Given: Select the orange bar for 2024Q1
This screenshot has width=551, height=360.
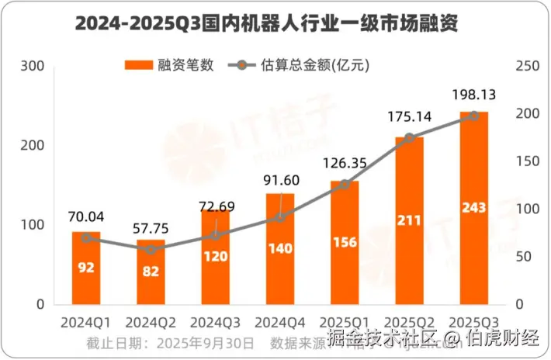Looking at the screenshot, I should [86, 268].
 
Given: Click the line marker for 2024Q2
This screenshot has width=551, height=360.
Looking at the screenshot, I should [151, 250].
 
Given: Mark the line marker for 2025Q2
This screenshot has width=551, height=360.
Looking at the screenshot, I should [410, 138].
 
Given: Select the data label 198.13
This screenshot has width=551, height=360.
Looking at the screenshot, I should [474, 95].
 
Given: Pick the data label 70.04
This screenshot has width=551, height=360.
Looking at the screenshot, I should [85, 216].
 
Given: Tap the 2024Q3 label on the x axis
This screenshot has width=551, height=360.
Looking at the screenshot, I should [215, 319].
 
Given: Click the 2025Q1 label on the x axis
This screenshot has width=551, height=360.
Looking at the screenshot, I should [345, 319].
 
